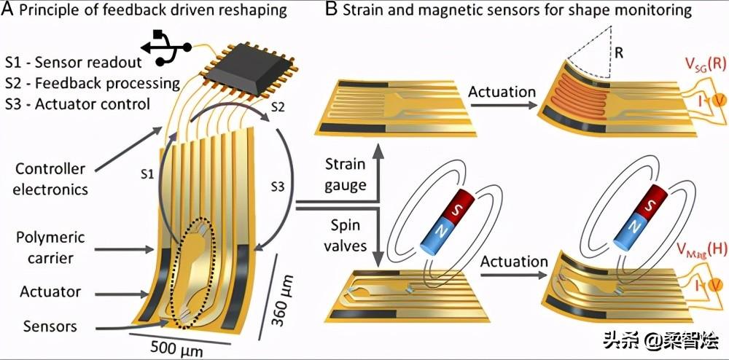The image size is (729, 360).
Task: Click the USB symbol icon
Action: click(165, 44)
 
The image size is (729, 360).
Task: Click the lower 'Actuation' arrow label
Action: click(515, 261)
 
